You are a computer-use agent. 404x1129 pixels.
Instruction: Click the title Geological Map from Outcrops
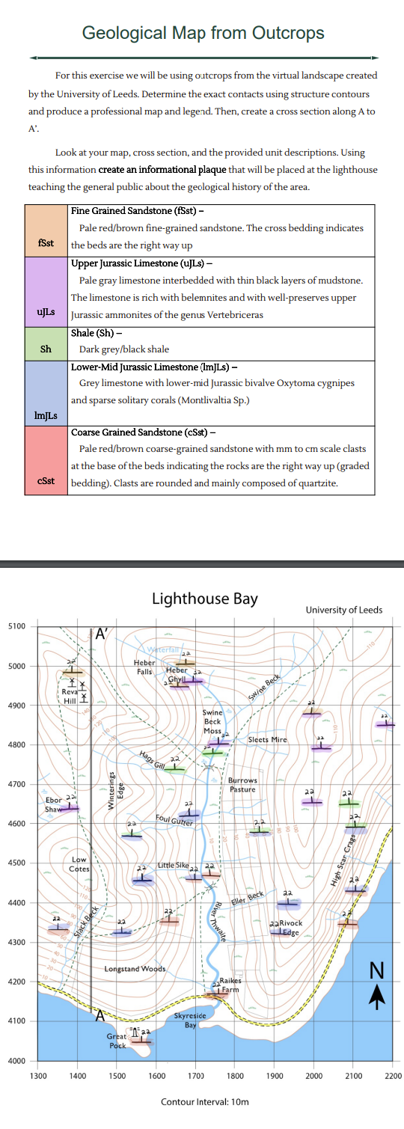[x=203, y=33]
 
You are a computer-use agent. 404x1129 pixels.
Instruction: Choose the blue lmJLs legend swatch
[x=48, y=392]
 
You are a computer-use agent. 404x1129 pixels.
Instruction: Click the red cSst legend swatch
[x=48, y=459]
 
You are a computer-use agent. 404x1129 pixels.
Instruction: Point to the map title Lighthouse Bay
[x=204, y=598]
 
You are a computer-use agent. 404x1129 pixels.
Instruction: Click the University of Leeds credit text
[x=343, y=610]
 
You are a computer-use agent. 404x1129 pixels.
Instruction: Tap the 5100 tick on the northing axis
[x=16, y=625]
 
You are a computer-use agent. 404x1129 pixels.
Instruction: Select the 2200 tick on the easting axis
[x=393, y=1076]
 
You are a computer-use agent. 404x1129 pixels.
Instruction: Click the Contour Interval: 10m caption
[x=204, y=1102]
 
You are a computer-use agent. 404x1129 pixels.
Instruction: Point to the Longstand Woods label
[x=135, y=949]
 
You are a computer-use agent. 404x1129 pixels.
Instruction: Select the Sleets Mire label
[x=267, y=739]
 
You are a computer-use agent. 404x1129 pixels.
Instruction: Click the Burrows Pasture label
[x=242, y=785]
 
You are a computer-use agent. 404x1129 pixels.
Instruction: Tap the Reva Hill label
[x=70, y=697]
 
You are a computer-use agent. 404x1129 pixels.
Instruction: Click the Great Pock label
[x=117, y=1041]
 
